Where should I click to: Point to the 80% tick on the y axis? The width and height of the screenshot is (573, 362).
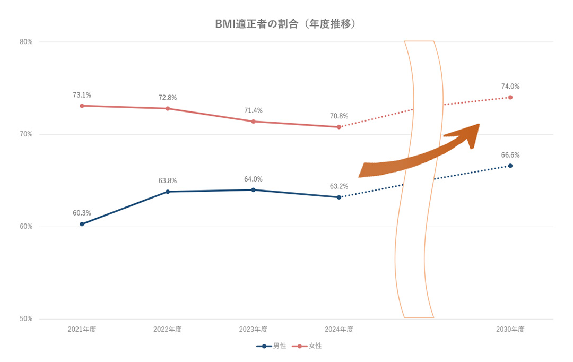(26, 42)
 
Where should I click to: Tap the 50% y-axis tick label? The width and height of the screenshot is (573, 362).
(26, 319)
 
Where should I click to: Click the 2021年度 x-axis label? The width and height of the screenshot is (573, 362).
(82, 330)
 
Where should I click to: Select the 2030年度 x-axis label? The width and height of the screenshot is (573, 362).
(510, 330)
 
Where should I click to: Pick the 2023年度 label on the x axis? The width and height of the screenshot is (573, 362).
(253, 330)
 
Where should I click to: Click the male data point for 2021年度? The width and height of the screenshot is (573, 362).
(82, 224)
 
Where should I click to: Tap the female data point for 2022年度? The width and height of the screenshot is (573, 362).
(168, 108)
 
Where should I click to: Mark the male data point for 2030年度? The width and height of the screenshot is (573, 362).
(510, 166)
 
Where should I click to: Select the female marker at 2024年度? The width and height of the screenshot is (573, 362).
(339, 127)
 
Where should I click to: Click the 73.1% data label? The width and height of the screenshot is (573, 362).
(82, 96)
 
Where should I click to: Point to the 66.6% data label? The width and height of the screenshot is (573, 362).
(510, 156)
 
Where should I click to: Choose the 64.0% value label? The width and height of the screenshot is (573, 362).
(253, 179)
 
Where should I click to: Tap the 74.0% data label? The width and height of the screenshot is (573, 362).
(510, 87)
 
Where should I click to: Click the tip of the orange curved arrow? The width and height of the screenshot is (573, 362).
(479, 125)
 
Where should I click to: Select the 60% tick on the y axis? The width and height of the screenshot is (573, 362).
(26, 227)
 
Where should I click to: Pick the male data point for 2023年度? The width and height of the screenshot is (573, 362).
(253, 189)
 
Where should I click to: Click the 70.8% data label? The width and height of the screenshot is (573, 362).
(339, 116)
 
